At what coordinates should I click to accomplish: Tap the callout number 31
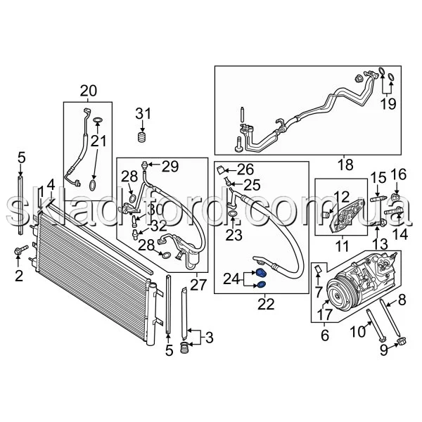tap(143, 114)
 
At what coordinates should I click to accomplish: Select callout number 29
tap(171, 166)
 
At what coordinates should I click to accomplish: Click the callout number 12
tap(342, 198)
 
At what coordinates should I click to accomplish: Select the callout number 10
tap(358, 331)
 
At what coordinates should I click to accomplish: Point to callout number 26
tap(244, 169)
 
